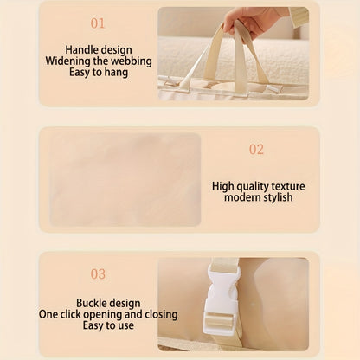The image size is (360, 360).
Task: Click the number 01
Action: (x=98, y=23)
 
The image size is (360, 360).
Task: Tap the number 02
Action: (x=256, y=150)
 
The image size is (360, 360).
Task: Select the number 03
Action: (x=98, y=274)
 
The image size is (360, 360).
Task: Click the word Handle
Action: (x=81, y=49)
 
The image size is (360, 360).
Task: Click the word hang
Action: (x=116, y=73)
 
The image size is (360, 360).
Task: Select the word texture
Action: (x=288, y=186)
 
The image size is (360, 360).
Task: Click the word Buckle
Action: (x=93, y=303)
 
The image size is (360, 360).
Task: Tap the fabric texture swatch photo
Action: (x=125, y=179)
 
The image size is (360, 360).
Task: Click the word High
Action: (x=223, y=186)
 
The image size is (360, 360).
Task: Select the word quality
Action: (x=253, y=187)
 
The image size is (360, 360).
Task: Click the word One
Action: (x=48, y=314)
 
